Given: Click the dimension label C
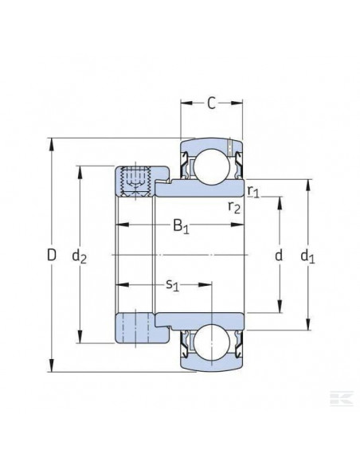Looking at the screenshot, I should click(211, 102).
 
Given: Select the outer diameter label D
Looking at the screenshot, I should click(52, 256).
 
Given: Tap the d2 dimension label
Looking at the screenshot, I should click(79, 256).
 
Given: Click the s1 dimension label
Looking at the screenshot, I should click(172, 283).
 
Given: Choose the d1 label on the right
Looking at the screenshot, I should click(307, 256).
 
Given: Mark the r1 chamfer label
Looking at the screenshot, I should click(252, 191).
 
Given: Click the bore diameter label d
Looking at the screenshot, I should click(278, 256).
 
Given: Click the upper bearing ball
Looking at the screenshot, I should click(211, 163).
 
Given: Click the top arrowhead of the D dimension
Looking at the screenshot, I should click(52, 144).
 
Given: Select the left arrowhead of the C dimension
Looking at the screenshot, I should click(183, 102).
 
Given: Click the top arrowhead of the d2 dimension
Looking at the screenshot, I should click(79, 170).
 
